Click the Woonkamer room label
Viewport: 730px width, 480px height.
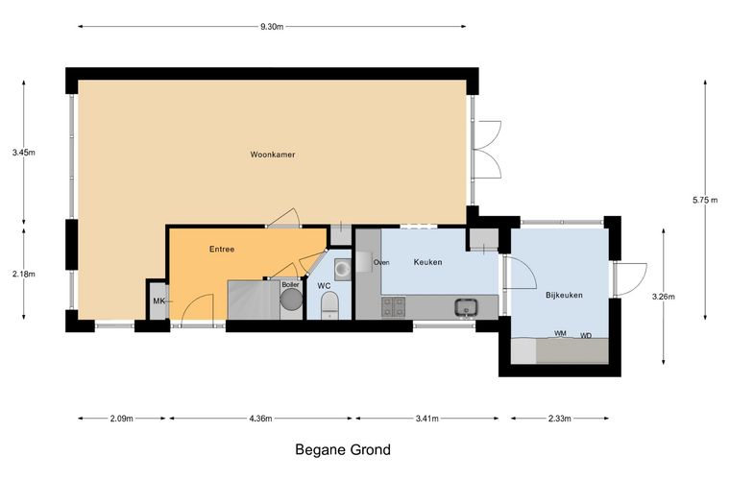273,155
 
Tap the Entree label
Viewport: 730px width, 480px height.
222,250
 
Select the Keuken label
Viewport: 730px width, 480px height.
427,262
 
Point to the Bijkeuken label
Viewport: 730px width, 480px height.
564,295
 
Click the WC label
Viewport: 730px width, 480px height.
324,286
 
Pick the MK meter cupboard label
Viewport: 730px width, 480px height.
158,301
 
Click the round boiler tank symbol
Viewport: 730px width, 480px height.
291,299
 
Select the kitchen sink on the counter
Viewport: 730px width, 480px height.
466,307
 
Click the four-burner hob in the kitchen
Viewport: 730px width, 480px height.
394,307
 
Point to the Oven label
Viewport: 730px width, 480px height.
381,263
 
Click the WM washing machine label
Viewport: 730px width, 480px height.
560,333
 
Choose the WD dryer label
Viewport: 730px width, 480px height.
586,335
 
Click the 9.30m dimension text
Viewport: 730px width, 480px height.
272,27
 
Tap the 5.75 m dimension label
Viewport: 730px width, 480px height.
705,201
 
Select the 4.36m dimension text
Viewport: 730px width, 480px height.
260,419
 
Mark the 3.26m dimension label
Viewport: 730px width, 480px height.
663,297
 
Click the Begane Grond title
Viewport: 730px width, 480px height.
343,450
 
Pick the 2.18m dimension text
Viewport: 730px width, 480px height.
24,274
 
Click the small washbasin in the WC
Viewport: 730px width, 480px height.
343,269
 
